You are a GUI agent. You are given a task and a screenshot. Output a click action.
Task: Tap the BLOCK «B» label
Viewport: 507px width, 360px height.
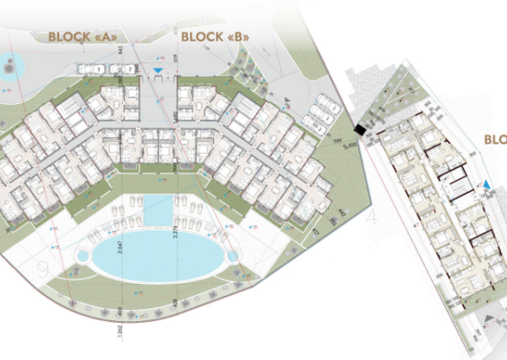pos(212,36)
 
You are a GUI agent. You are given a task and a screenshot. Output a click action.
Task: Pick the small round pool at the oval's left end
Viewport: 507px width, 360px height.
pos(86,254)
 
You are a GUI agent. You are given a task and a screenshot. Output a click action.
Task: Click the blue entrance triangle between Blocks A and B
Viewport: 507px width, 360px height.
pos(157,71)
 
